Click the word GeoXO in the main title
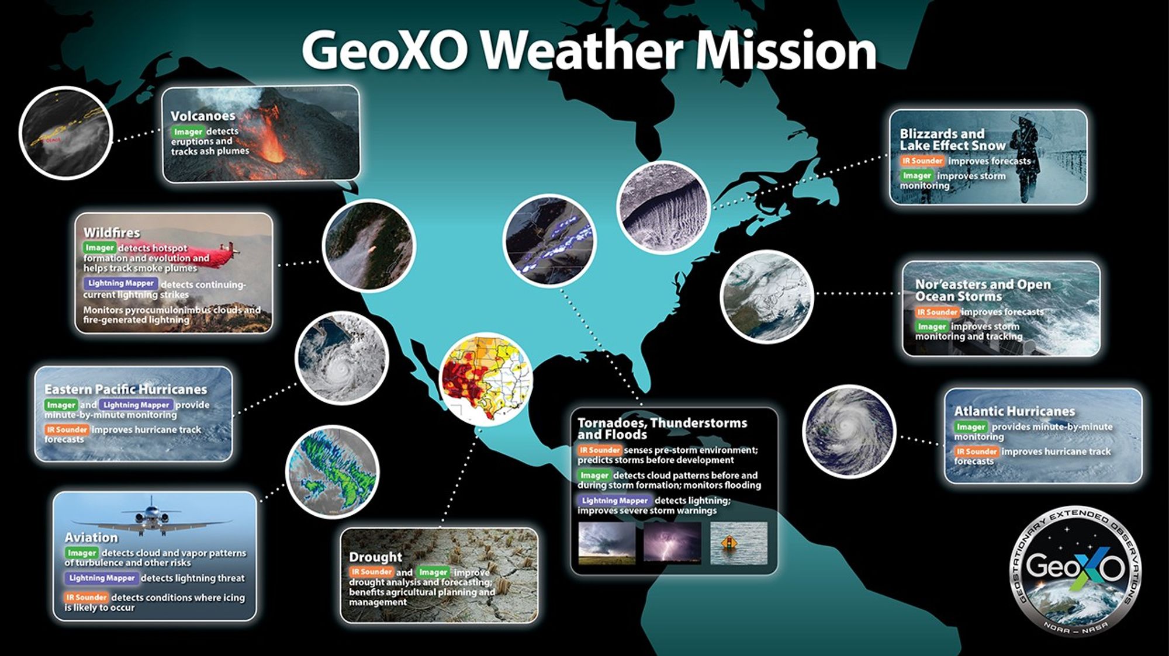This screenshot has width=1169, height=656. click(386, 50)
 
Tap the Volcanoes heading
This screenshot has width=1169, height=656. click(203, 116)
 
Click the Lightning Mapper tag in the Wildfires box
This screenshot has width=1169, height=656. click(120, 283)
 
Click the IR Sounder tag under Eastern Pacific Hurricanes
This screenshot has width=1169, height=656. click(67, 429)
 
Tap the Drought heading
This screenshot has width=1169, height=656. click(375, 557)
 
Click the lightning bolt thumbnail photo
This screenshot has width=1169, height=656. click(672, 542)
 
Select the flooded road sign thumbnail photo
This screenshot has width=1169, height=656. click(738, 543)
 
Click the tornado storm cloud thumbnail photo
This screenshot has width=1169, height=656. click(606, 542)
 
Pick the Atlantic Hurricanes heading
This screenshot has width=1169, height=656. click(1014, 411)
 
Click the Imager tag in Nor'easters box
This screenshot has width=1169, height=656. click(931, 327)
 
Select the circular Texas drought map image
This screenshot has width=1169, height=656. click(486, 379)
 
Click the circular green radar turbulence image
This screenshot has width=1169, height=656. click(332, 471)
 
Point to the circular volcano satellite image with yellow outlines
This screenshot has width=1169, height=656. click(65, 133)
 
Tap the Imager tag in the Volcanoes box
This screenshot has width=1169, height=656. click(188, 132)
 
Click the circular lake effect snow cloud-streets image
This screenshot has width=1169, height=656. click(663, 207)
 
